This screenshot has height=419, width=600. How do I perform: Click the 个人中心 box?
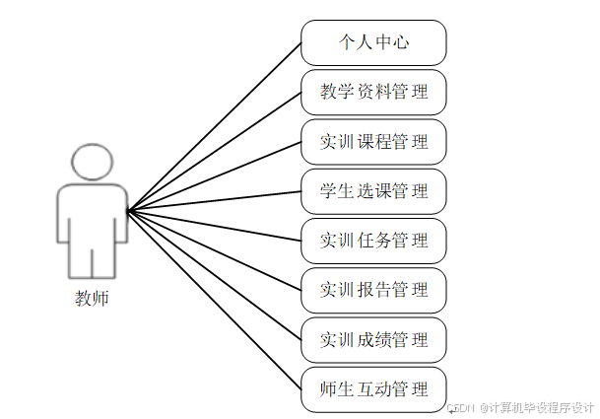coord(373,42)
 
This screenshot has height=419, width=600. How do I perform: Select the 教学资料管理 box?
coord(373,92)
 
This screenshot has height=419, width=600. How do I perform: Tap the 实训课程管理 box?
coord(373,141)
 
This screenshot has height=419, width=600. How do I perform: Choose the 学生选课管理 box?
coord(373,190)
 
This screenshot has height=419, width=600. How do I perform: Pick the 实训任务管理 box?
coord(373,240)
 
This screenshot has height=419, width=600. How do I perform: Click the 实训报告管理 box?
coord(373,289)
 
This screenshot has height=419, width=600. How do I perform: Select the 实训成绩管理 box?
coord(373,339)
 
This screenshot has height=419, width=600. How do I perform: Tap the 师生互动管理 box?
coord(373,388)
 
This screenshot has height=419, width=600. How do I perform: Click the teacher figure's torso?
coord(92,212)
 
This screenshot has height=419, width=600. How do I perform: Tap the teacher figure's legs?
coord(92,261)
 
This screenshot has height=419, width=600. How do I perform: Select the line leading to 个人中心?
coord(215,126)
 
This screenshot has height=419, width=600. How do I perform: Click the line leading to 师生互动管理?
coord(215,298)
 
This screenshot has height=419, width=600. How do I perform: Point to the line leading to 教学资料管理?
coord(215,151)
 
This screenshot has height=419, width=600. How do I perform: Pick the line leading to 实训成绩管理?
coord(215,273)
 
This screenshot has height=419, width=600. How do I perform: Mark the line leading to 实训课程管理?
coord(215,175)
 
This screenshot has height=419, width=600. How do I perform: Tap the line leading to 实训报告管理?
coord(215,248)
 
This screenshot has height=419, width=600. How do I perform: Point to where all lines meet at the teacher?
coord(129,209)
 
